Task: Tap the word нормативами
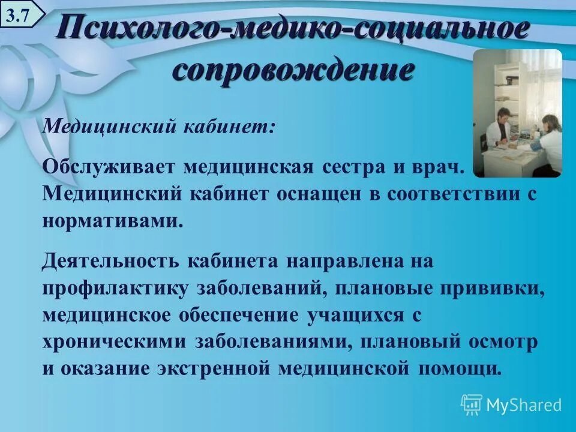pos(112,220)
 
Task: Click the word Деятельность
pos(110,262)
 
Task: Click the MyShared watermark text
pos(523,405)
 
